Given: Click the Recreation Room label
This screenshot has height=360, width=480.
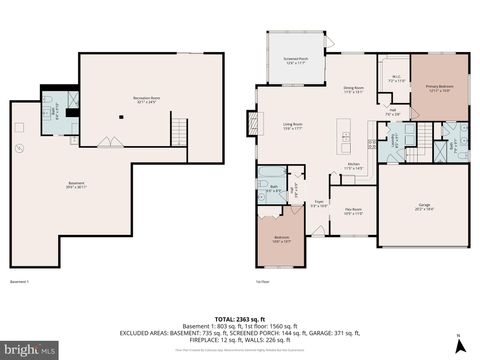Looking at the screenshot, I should point(149,98).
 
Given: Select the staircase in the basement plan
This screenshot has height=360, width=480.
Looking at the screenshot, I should point(179,130).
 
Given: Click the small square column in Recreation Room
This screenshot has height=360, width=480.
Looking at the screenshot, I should point(121,116).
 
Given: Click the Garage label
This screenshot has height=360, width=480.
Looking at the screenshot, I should point(424,206).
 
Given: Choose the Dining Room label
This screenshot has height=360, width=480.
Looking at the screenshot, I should point(354,90).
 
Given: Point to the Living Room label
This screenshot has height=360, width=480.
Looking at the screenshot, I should point(292,125).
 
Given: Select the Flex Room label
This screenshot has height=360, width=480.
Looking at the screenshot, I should point(354,210).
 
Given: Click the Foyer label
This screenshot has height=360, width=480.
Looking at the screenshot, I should point(319,204).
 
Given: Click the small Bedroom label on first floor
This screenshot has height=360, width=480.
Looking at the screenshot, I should point(282,239).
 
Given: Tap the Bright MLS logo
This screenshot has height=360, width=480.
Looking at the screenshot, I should point(27,349).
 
